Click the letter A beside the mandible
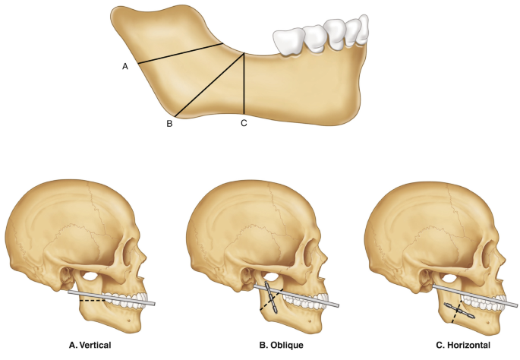point(125,66)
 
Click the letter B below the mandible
point(170,123)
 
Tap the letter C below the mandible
point(244,123)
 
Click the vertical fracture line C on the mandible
point(244,84)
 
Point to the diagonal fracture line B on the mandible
point(209,85)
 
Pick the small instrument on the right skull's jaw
point(461,311)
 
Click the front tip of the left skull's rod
point(156,304)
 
